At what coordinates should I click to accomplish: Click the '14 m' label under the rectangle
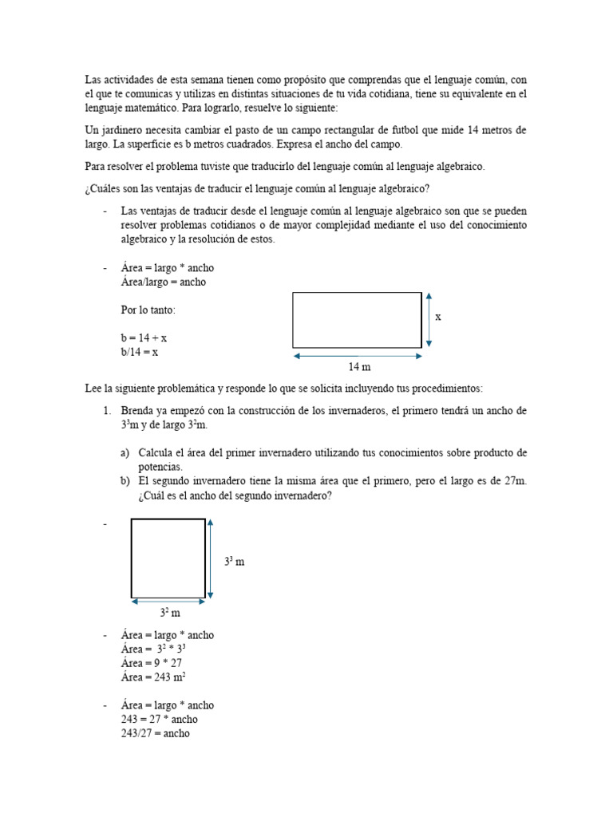359,367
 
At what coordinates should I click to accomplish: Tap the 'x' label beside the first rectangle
438,317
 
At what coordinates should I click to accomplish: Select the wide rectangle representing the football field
357,320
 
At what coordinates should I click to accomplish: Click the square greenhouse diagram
168,558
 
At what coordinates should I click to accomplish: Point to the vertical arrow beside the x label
429,319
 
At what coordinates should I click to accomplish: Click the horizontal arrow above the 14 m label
357,356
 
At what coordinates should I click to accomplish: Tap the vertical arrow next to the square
211,558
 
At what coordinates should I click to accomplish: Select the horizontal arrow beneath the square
168,603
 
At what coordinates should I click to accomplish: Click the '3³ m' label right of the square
234,562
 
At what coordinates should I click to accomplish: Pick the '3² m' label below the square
170,614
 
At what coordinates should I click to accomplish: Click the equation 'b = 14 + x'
144,338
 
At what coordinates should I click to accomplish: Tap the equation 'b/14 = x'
140,352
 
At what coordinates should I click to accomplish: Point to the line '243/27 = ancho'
155,733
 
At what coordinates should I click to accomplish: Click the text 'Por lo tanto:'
148,310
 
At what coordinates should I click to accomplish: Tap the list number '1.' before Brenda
106,411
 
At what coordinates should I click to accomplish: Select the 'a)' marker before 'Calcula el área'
125,453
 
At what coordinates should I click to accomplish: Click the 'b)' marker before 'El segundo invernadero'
125,481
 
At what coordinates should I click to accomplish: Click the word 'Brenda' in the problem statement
137,411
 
